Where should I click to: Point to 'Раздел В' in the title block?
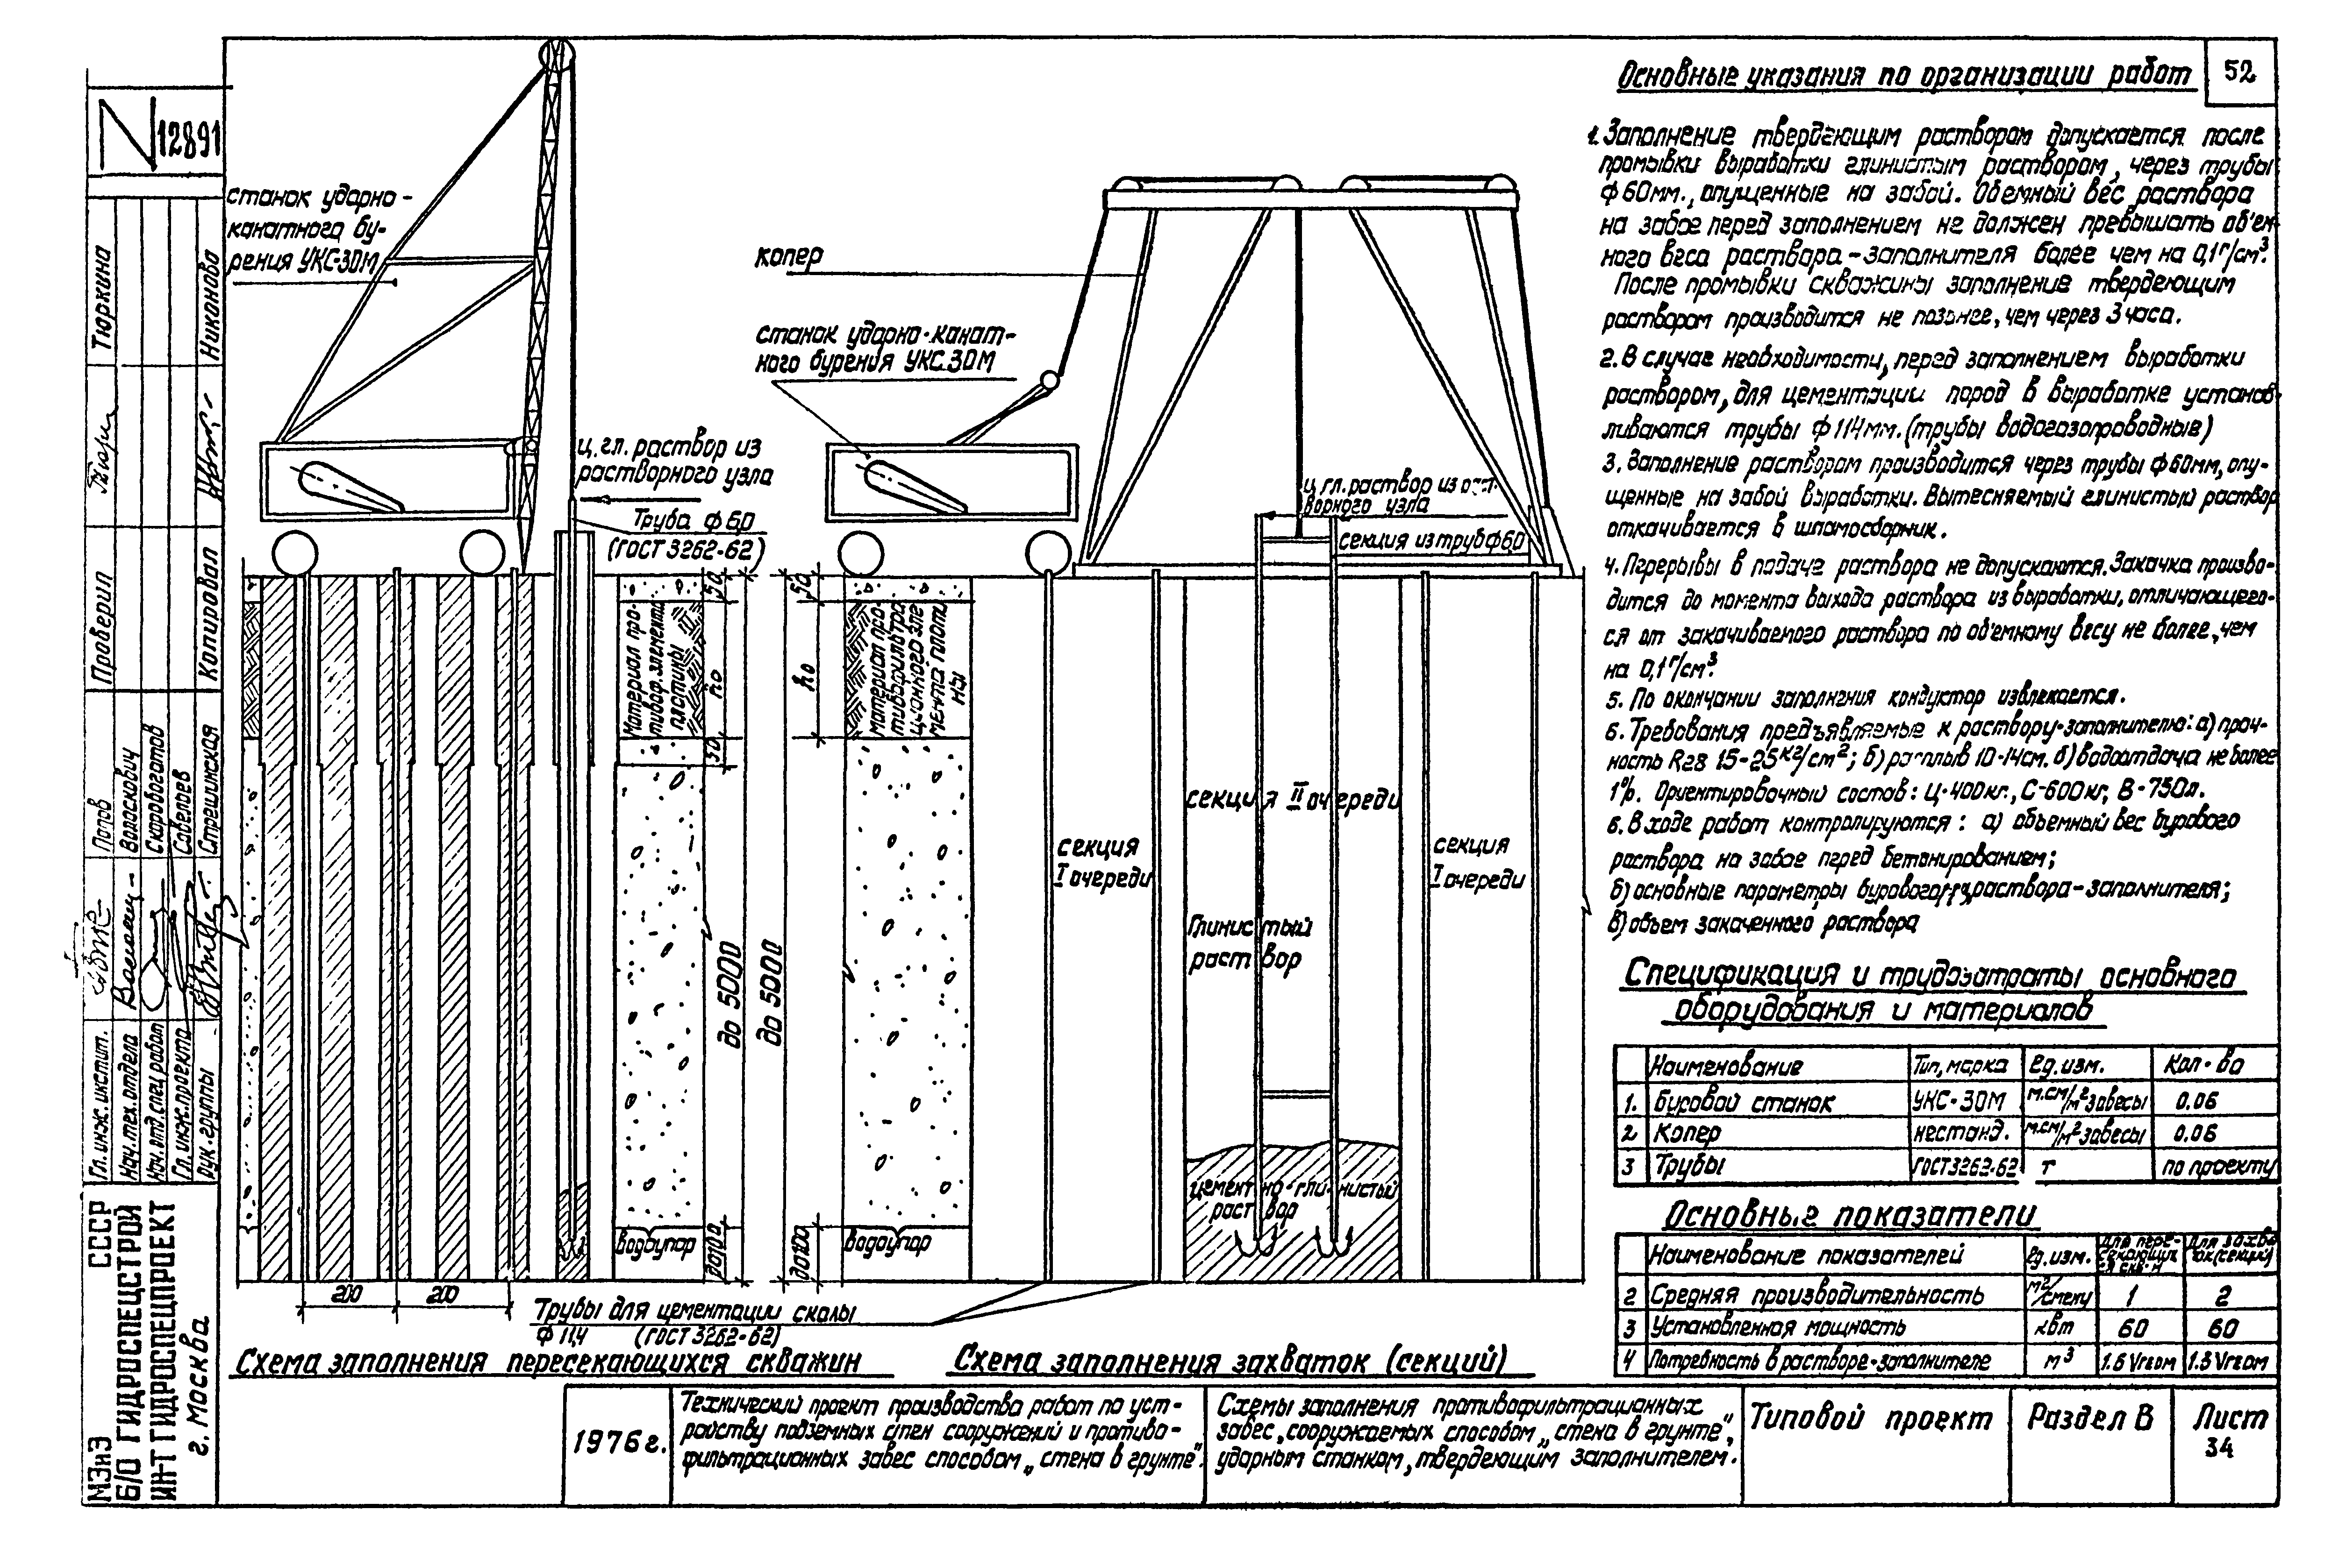(2090, 1419)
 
